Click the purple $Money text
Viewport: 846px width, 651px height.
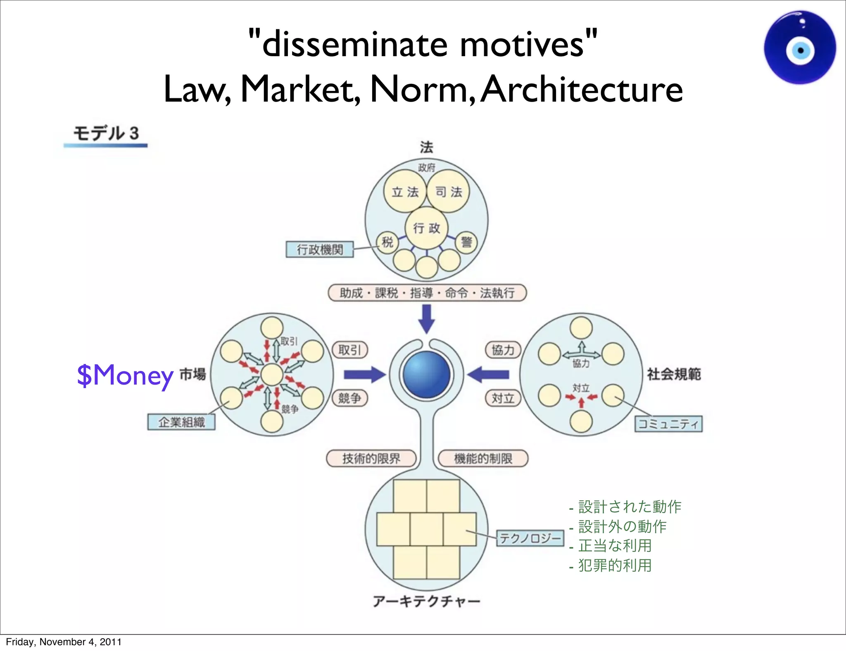point(125,375)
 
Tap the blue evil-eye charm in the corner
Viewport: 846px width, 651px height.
point(800,48)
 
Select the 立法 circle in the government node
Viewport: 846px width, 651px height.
point(405,192)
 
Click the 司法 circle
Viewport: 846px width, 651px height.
point(448,192)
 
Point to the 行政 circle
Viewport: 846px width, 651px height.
point(427,228)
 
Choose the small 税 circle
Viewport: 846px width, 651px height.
point(387,242)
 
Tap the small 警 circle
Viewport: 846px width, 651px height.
point(466,242)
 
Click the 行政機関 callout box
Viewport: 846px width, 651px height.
point(320,249)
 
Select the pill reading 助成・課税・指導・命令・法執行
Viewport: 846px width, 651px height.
point(427,293)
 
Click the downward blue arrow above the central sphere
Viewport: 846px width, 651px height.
point(427,318)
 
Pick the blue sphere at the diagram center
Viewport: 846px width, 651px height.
point(427,375)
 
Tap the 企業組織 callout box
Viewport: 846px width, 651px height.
point(181,422)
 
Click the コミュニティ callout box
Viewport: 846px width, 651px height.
point(668,424)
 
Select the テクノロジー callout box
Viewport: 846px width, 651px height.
point(530,538)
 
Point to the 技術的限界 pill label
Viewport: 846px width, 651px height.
point(371,459)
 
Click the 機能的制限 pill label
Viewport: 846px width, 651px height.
point(483,459)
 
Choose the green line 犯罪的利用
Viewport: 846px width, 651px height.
point(615,565)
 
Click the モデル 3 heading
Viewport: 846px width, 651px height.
point(106,133)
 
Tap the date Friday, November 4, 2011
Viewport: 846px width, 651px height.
point(64,642)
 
